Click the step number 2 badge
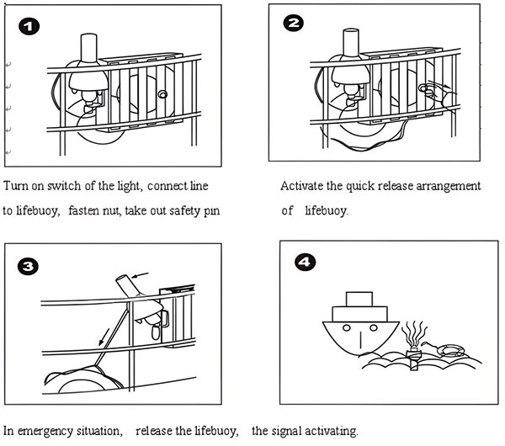click(295, 24)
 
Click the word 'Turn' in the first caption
click(16, 185)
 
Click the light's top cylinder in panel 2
click(351, 45)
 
